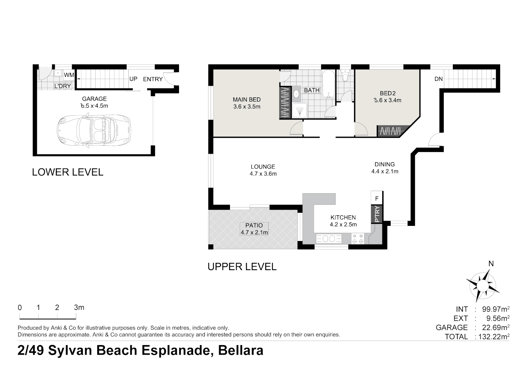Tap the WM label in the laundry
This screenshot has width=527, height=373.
tap(69, 75)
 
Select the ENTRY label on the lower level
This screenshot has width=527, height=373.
tap(153, 79)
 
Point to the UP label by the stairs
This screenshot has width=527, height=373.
tap(133, 79)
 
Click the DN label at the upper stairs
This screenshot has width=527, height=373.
tap(439, 79)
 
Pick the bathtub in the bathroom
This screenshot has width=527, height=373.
tap(328, 84)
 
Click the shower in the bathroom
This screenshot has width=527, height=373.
tap(299, 110)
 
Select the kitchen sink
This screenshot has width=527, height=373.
tap(329, 239)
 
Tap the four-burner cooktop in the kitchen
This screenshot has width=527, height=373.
tap(358, 238)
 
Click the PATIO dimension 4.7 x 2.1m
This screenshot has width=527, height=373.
tap(254, 232)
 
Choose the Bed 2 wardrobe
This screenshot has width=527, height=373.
tap(390, 131)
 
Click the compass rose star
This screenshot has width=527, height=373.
tap(483, 285)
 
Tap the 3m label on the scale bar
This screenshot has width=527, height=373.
tap(79, 307)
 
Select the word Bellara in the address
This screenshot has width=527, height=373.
tap(241, 350)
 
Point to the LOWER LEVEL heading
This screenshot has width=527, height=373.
tap(68, 172)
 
